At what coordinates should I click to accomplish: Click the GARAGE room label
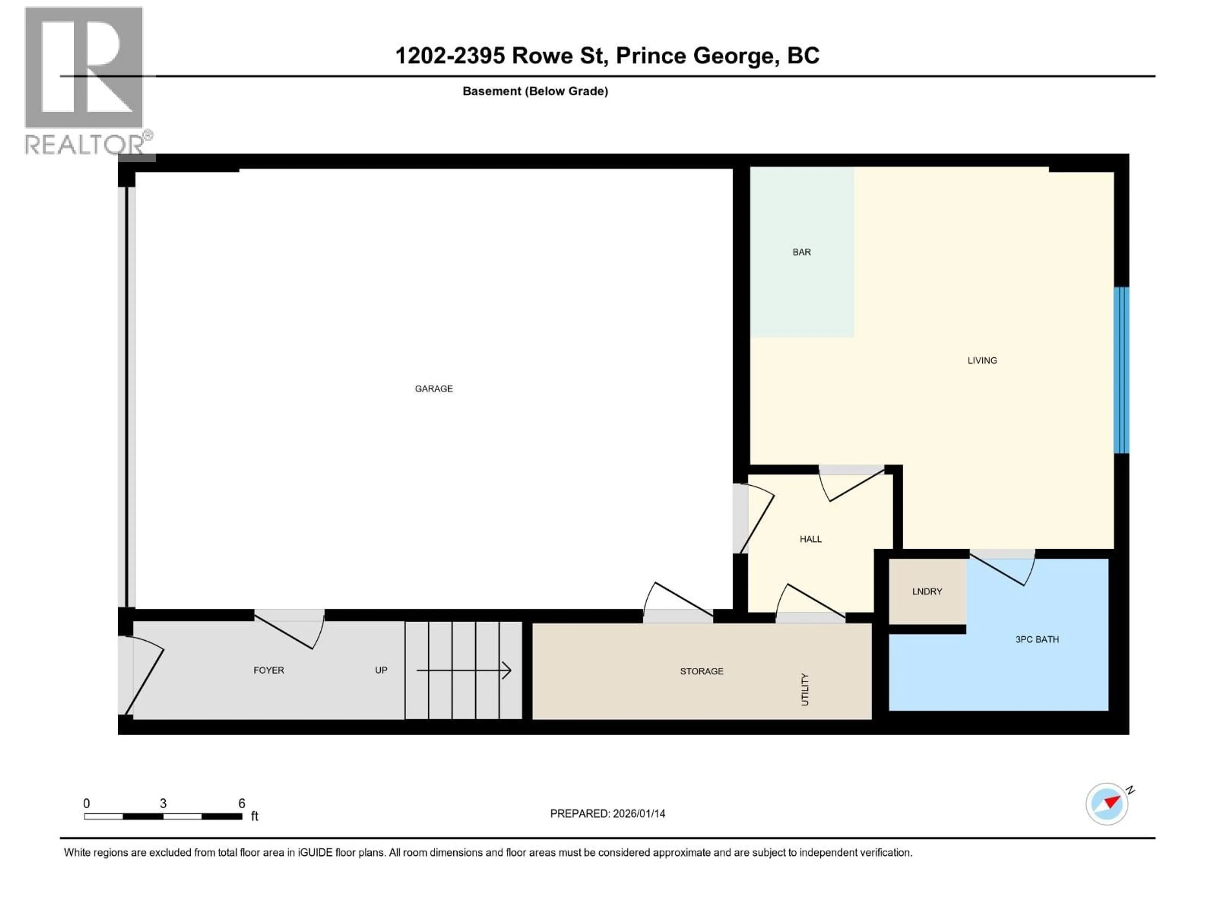[434, 389]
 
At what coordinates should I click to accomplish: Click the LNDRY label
[927, 592]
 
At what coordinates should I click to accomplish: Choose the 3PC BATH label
[1037, 639]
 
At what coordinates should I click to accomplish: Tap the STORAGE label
[701, 671]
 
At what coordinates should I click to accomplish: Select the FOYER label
[268, 670]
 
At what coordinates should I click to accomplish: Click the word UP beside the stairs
[381, 670]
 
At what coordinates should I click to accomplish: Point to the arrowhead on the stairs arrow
[507, 670]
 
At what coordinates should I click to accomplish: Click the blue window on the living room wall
[1121, 370]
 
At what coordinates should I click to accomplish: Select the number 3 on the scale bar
[163, 803]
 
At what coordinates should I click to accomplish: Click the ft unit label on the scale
[255, 816]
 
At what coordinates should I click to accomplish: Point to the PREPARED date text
[607, 814]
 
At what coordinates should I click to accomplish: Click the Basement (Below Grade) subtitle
[535, 91]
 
